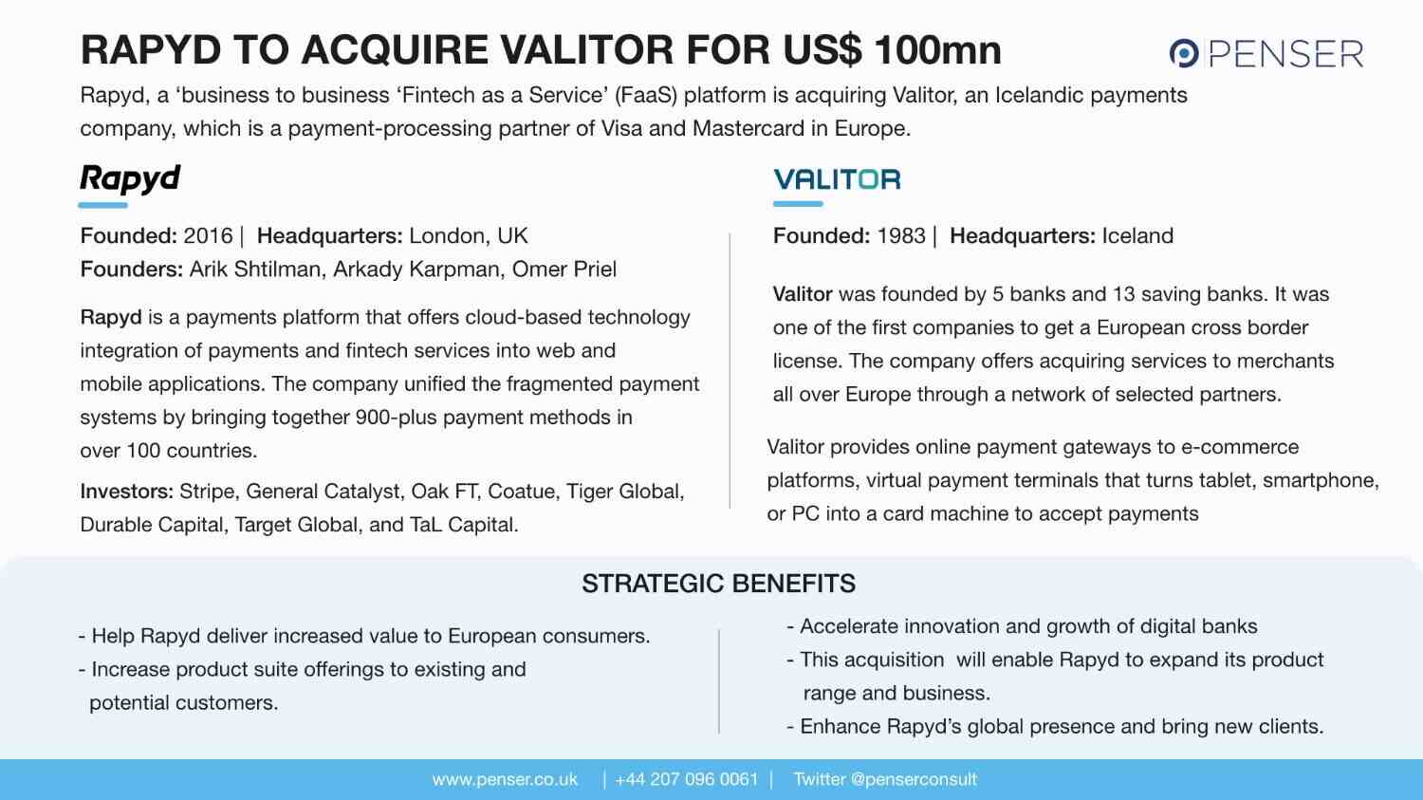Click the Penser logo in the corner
1266,53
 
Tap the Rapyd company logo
130,177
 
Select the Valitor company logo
837,179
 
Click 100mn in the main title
937,50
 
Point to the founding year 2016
208,236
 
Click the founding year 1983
901,236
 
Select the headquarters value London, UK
469,236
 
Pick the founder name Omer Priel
564,270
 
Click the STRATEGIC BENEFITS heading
718,584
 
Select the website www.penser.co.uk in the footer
505,780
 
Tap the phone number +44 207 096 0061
687,780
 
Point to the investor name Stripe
206,492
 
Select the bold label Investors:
126,492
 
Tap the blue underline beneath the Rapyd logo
103,205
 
